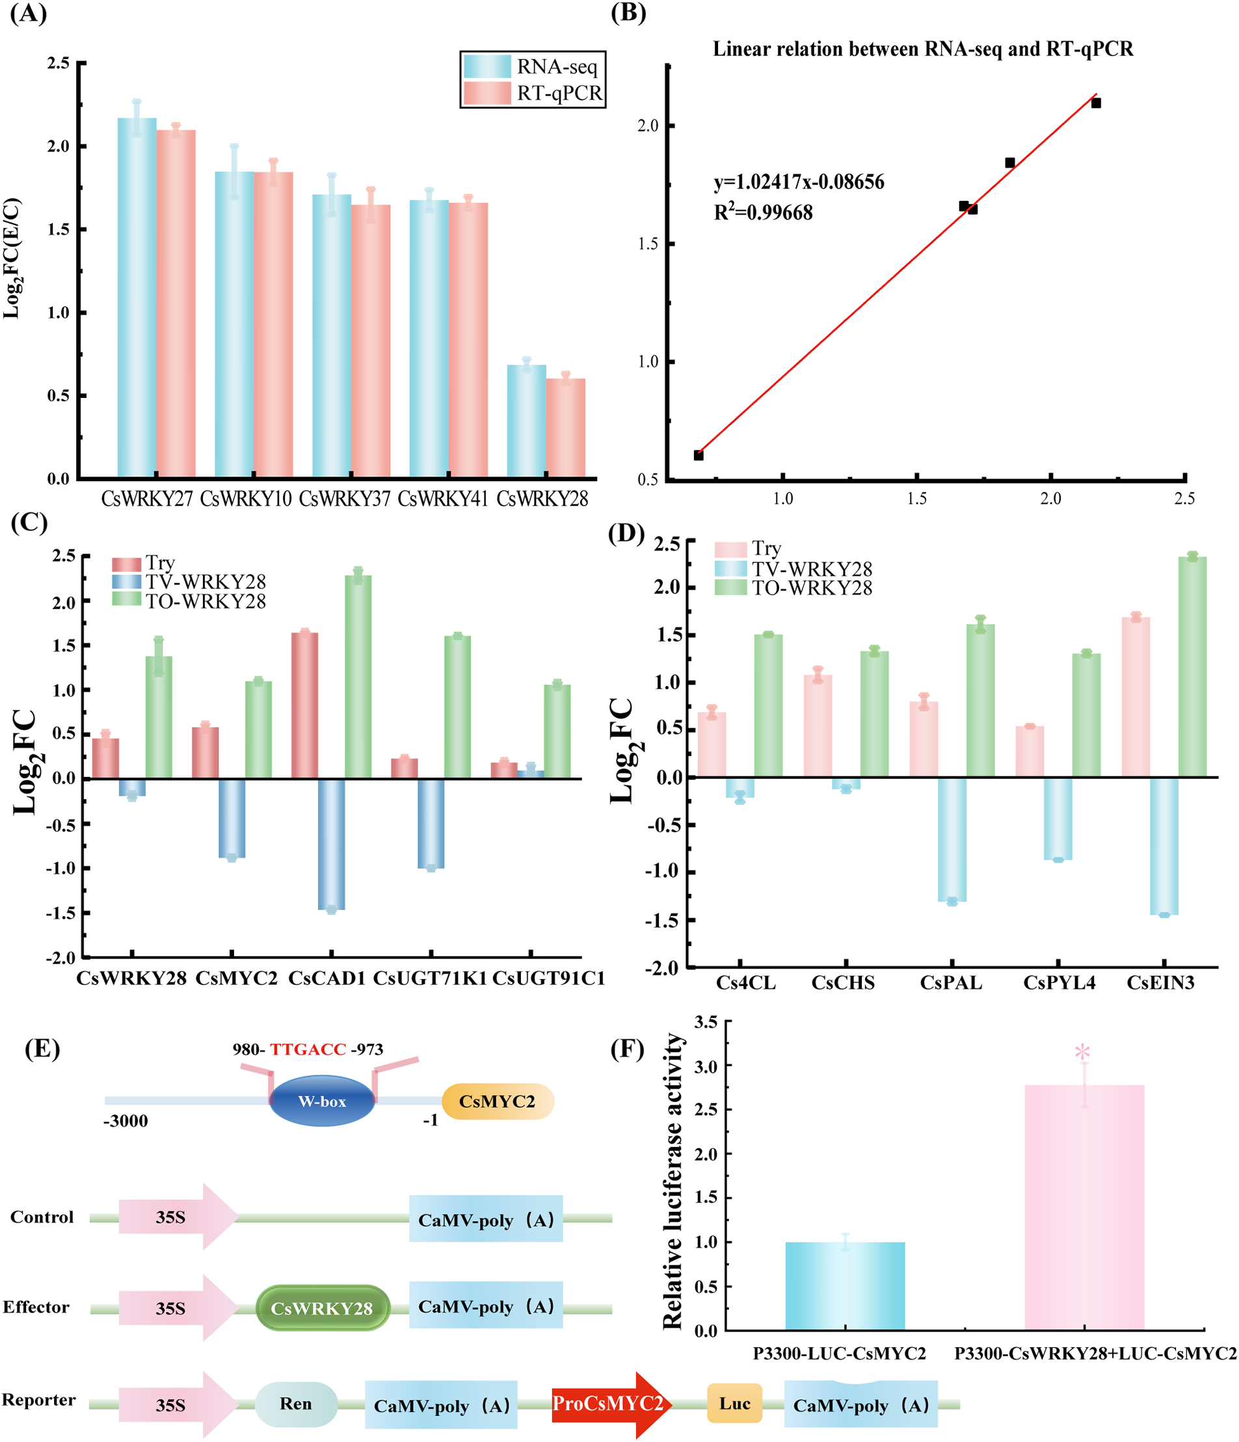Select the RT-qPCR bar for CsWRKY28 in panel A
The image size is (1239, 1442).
pyautogui.click(x=565, y=428)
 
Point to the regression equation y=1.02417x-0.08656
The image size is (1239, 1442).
pyautogui.click(x=799, y=182)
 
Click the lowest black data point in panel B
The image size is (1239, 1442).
pyautogui.click(x=698, y=455)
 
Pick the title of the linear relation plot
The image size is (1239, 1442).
pyautogui.click(x=922, y=49)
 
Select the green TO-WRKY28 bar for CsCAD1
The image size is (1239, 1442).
pyautogui.click(x=358, y=675)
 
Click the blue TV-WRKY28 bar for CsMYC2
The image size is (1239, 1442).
pyautogui.click(x=232, y=818)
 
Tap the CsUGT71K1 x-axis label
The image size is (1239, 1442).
pyautogui.click(x=429, y=978)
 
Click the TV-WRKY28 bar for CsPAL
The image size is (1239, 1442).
pyautogui.click(x=952, y=839)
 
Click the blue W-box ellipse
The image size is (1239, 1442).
pyautogui.click(x=321, y=1101)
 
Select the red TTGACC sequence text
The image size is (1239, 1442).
pyautogui.click(x=308, y=1049)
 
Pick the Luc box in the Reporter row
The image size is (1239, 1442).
pyautogui.click(x=734, y=1403)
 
